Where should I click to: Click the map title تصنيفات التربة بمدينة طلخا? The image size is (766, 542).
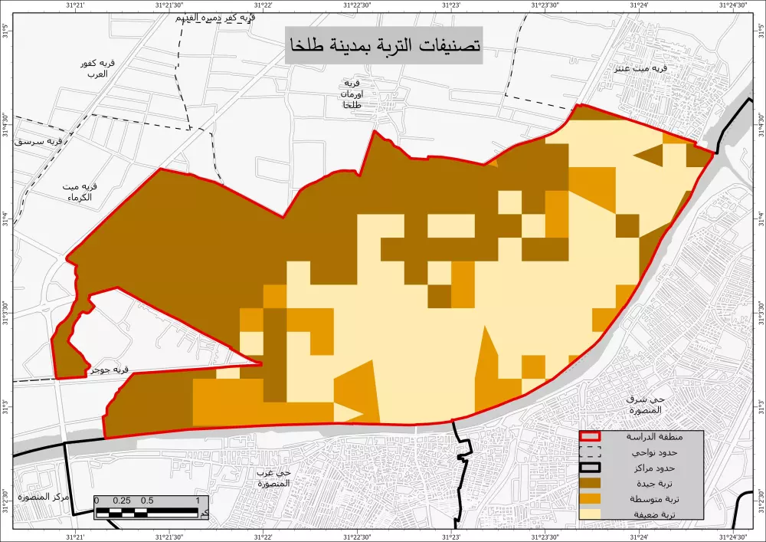pos(383,46)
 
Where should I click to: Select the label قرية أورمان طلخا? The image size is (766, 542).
pos(352,94)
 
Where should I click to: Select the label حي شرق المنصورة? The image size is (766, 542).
pos(637,405)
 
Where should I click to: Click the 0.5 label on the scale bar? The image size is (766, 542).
pos(146,501)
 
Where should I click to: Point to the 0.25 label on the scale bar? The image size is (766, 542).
pos(122,501)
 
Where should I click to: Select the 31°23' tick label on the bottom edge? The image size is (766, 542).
pos(451,536)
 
